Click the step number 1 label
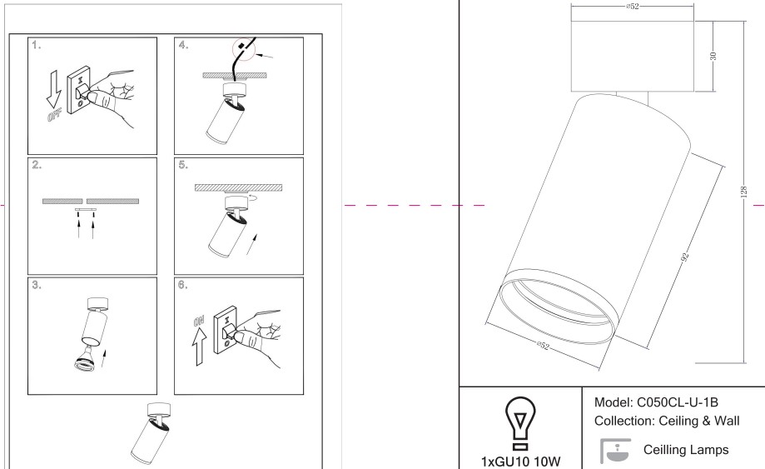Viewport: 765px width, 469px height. [36, 45]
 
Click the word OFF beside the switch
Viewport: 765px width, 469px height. [54, 115]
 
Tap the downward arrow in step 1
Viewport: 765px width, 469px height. [53, 89]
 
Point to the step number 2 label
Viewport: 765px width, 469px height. [37, 165]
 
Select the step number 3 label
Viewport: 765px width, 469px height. [37, 285]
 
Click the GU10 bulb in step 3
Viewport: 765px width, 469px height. [85, 360]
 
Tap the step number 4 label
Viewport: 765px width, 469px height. [183, 45]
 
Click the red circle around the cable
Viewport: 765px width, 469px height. [244, 49]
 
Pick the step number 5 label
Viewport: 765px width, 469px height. [183, 165]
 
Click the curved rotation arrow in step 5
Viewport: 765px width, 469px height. [254, 197]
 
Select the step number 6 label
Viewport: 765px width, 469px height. [183, 285]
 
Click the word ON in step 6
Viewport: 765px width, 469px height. [199, 321]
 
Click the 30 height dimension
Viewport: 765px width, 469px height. [713, 56]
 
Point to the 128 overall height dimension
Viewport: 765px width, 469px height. [743, 192]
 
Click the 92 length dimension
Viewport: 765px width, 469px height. [685, 257]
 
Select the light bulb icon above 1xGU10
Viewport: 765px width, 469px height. [520, 423]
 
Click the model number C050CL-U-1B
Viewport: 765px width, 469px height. [678, 402]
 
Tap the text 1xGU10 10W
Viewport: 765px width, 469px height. [520, 462]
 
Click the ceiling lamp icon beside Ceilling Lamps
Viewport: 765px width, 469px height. [615, 451]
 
